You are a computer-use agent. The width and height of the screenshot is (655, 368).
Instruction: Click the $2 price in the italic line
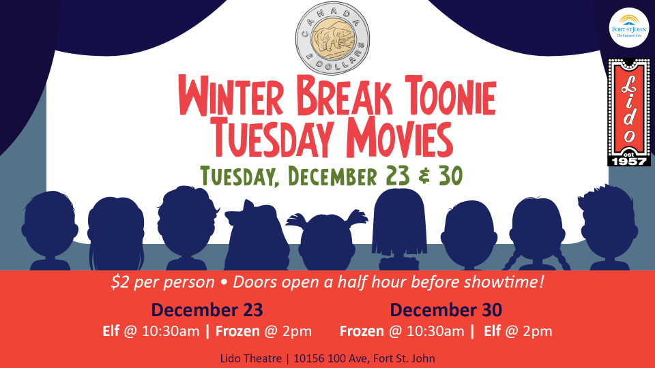tap(119, 282)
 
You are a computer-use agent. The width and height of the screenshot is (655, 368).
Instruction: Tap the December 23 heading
tap(207, 311)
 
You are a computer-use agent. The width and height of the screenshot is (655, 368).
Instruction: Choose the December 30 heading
tap(446, 311)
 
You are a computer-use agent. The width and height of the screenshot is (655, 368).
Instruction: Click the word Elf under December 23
tap(110, 332)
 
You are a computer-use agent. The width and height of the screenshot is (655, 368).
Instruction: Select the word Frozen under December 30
tap(363, 332)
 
